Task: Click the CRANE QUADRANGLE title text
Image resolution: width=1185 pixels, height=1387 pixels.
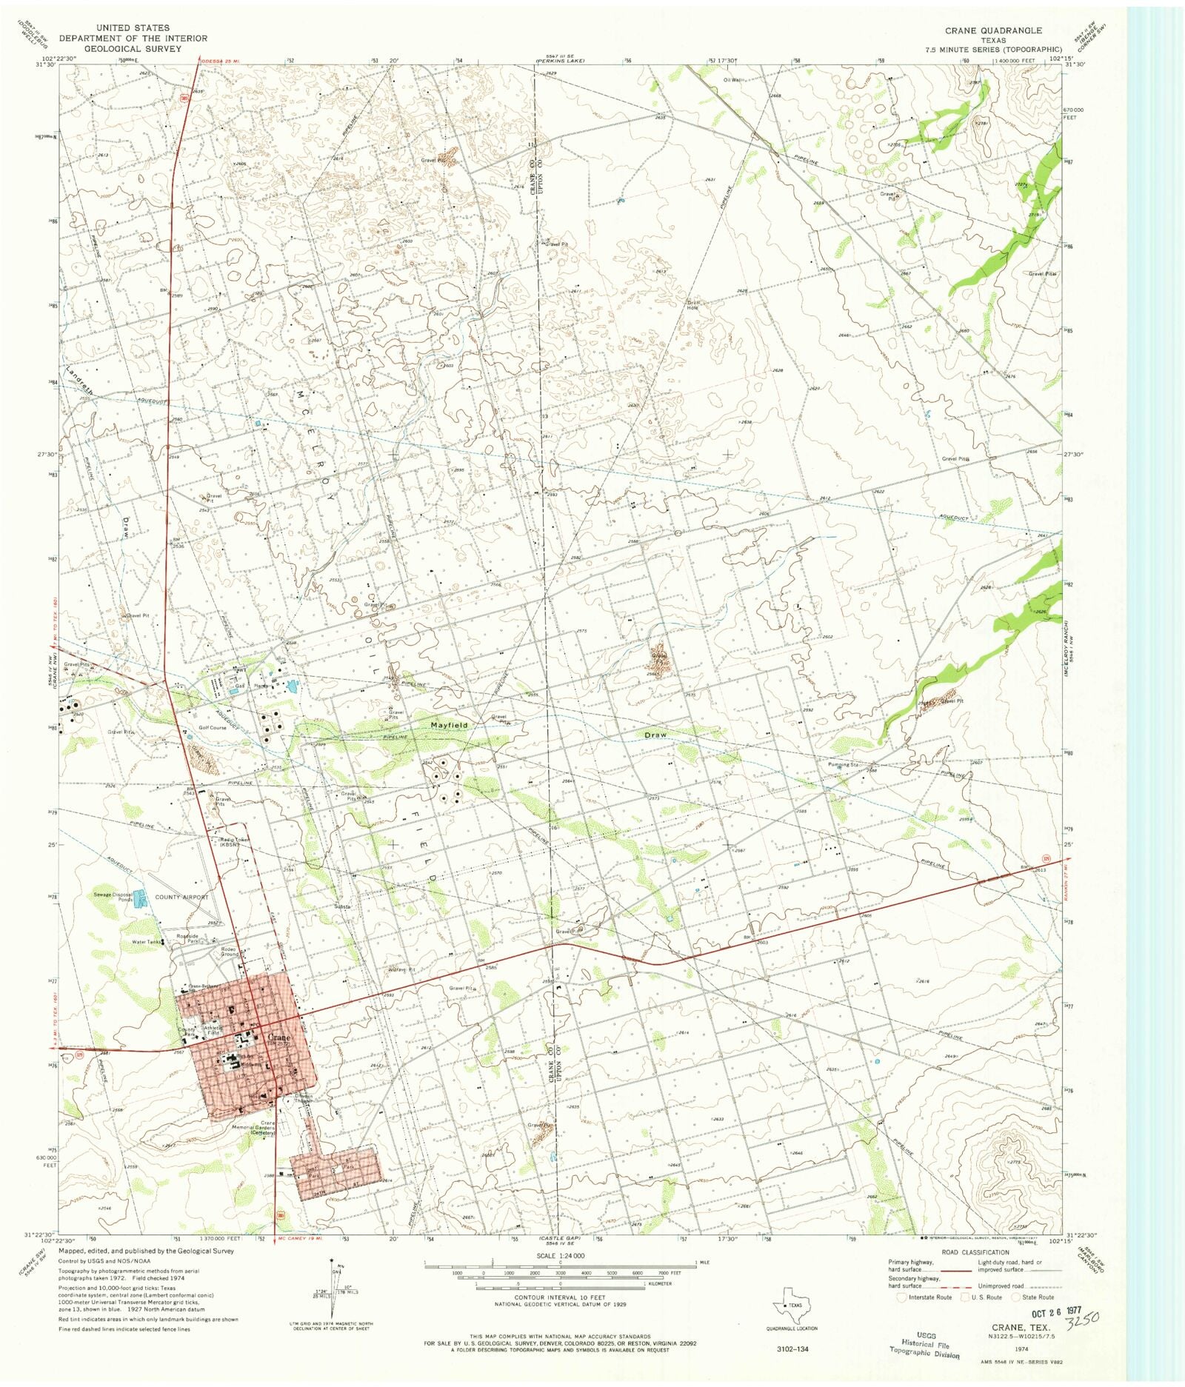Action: pos(992,30)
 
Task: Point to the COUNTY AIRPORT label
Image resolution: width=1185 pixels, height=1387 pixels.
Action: pos(181,897)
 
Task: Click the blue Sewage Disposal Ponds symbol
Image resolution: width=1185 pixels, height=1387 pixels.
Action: pos(144,900)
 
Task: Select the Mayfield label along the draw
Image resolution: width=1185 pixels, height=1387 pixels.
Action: pos(450,726)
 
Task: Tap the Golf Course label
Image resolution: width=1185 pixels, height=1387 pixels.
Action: pos(213,728)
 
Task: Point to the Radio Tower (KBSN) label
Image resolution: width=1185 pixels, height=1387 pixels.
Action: pos(235,842)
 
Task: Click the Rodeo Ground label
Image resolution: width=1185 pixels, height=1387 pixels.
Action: pos(229,952)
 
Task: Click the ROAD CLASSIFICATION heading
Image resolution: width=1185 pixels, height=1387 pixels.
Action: pos(975,1253)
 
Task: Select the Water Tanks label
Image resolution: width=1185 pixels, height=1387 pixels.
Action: pos(146,943)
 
